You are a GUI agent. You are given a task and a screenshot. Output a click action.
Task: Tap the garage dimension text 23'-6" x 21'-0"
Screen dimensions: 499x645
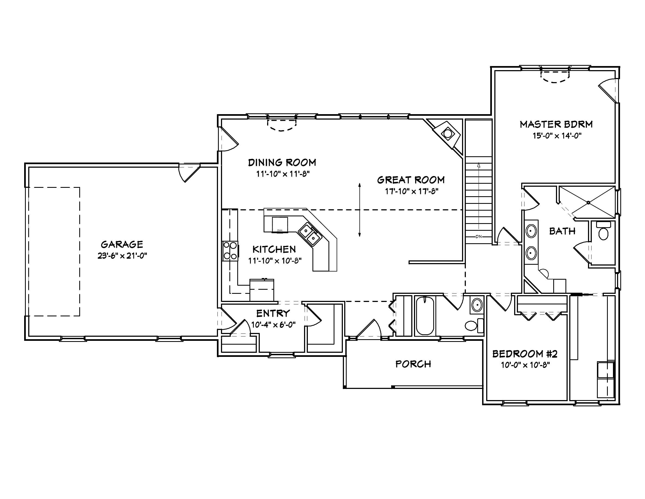click(x=122, y=256)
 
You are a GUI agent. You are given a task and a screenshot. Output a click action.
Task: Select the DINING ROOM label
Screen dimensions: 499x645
click(x=282, y=163)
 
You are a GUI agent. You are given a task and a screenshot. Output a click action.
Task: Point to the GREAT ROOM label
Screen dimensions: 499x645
click(x=411, y=180)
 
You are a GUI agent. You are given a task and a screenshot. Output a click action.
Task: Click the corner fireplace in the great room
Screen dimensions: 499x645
click(x=448, y=134)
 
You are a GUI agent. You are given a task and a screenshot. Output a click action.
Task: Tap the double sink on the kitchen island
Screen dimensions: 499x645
click(x=309, y=234)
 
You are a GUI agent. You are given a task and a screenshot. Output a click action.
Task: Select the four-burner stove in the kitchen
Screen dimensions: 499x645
click(x=230, y=251)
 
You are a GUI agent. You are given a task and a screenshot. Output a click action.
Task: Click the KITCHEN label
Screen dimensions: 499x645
click(x=274, y=249)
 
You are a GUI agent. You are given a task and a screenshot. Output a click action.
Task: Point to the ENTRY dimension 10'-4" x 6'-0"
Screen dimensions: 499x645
click(x=273, y=325)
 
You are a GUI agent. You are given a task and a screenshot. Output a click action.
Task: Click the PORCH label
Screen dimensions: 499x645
click(x=413, y=364)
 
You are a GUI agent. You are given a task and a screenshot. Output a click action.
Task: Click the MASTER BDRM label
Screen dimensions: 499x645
click(x=557, y=124)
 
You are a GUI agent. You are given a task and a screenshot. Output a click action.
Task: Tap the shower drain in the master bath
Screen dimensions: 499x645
click(x=588, y=203)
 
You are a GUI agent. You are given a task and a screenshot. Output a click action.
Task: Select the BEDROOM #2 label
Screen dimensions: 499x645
click(x=525, y=354)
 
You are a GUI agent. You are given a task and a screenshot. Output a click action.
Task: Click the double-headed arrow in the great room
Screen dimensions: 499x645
click(x=359, y=210)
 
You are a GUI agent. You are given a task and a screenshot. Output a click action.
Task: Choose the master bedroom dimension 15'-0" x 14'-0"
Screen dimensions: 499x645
click(x=557, y=136)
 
